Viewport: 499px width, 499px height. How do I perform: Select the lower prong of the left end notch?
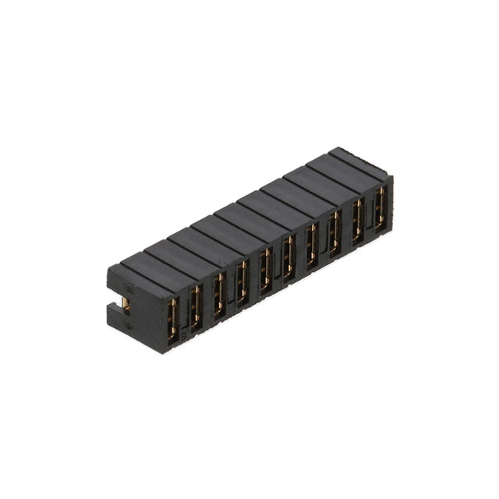(x=119, y=319)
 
